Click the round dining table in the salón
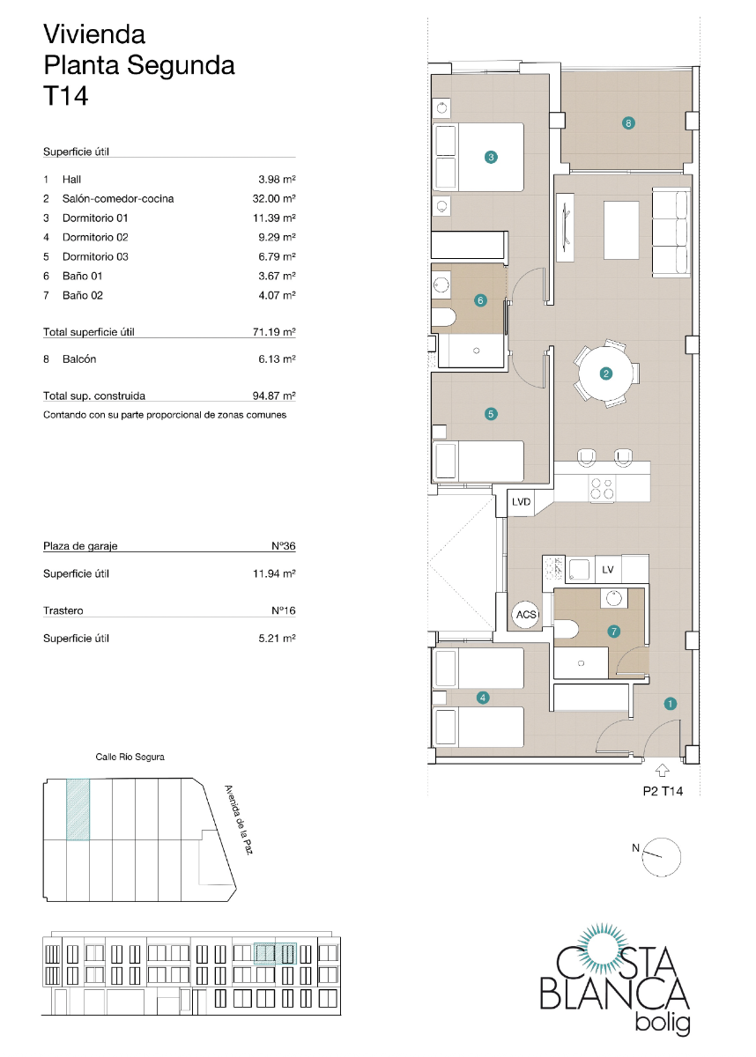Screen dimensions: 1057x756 [605, 373]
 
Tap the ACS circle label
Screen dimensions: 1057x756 [526, 614]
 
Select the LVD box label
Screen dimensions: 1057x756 [522, 502]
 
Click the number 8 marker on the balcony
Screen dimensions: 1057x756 [627, 123]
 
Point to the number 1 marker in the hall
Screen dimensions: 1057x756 [671, 703]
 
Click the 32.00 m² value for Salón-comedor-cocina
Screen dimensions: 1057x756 [273, 199]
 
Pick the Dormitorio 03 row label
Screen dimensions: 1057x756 [95, 257]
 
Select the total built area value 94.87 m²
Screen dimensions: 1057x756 [273, 396]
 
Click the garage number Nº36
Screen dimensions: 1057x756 [283, 546]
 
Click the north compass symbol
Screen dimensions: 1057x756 [662, 855]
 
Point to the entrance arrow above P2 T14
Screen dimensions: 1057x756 [662, 770]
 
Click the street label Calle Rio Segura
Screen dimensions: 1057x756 [130, 757]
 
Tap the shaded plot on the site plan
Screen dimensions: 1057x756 [78, 809]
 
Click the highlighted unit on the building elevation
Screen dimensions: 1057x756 [275, 955]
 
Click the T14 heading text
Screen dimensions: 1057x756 [66, 96]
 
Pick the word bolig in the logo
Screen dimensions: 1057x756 [662, 1024]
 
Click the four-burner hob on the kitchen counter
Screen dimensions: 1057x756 [603, 490]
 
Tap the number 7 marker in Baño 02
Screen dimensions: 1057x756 [613, 631]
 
